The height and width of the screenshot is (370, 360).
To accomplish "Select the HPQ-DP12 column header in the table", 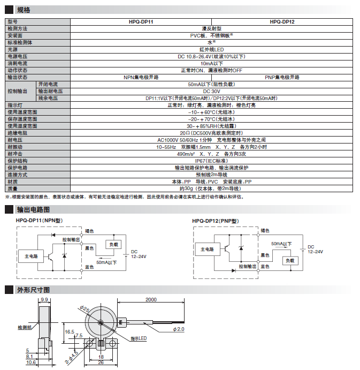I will click(282, 22).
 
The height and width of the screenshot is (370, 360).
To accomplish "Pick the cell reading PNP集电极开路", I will click(282, 77).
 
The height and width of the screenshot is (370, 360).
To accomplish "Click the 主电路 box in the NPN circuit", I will click(32, 256).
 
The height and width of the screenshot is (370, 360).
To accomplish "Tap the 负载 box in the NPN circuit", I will click(114, 245).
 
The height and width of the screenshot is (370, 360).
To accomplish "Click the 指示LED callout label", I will click(139, 338).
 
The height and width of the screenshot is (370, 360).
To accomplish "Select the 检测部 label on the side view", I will click(25, 327).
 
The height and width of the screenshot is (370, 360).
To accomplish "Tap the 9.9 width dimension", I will click(44, 300).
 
